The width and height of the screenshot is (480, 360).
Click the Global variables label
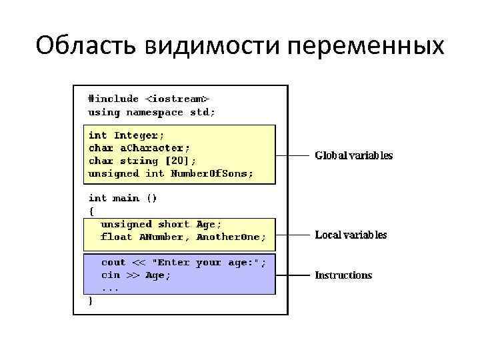point(353,156)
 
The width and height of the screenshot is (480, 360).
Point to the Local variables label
point(351,235)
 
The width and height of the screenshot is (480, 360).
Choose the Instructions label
point(343,275)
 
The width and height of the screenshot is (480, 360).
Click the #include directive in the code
point(113,99)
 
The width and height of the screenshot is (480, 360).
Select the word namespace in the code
point(155,112)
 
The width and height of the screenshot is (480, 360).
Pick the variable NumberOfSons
point(212,173)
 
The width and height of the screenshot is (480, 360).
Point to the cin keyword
point(110,275)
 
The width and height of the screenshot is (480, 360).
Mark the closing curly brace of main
point(91,301)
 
